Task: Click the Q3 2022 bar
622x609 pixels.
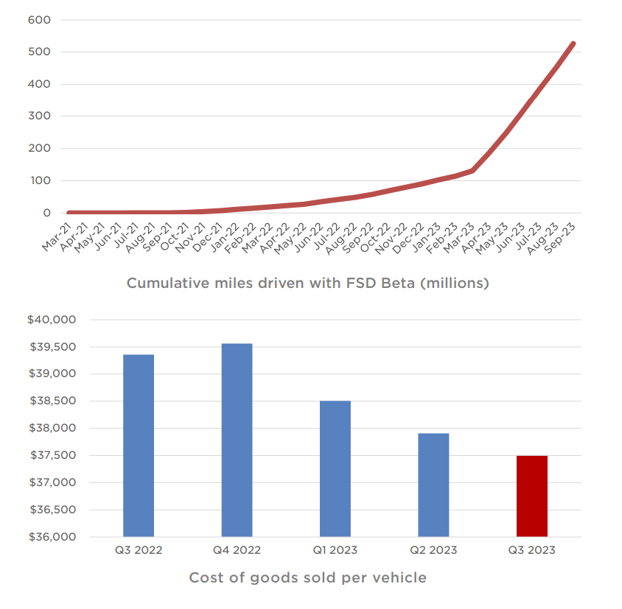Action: tap(139, 446)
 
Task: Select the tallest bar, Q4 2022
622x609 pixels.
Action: tap(237, 440)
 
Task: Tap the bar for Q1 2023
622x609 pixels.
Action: tap(335, 468)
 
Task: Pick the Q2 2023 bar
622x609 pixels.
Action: tap(433, 485)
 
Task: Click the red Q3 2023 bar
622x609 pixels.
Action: tap(532, 496)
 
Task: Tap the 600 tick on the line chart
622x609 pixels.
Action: tap(38, 19)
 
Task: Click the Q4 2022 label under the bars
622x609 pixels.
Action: tap(237, 550)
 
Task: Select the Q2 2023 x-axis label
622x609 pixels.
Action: tap(433, 550)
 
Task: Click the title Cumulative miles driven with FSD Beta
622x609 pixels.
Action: tap(307, 283)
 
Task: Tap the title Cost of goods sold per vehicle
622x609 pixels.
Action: tap(307, 577)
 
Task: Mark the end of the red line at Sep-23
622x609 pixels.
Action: tap(573, 43)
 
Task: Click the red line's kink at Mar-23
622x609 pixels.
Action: tap(472, 170)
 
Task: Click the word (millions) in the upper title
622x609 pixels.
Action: tap(455, 283)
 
